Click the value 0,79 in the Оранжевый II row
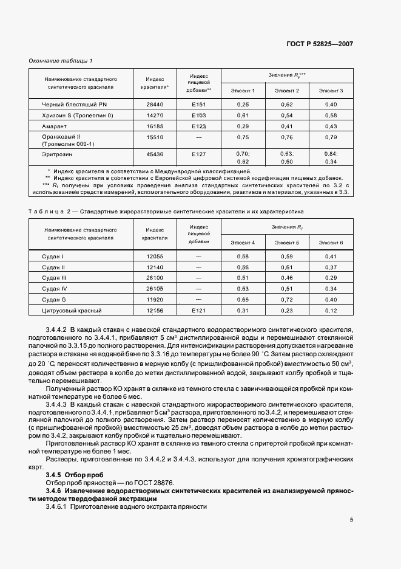pyautogui.click(x=331, y=137)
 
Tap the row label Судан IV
pyautogui.click(x=54, y=288)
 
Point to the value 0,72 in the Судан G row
pyautogui.click(x=287, y=300)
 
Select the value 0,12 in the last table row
pyautogui.click(x=331, y=311)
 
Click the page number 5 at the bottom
pyautogui.click(x=352, y=519)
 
